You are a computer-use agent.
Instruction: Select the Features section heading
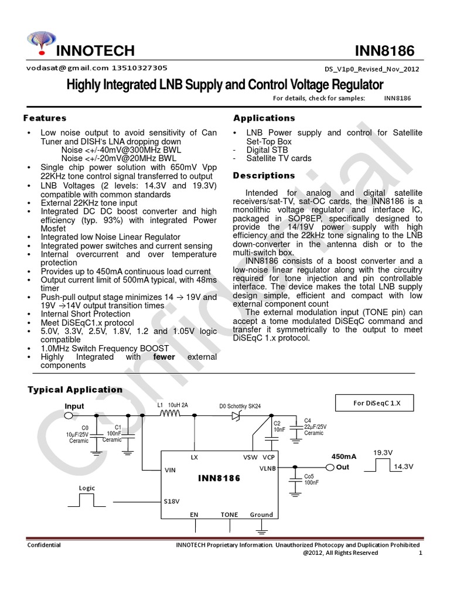(45, 118)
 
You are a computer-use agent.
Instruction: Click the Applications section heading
(264, 118)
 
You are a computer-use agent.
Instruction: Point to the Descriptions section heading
(264, 175)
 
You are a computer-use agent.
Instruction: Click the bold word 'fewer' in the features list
(164, 357)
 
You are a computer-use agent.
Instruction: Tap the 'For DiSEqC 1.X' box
(375, 403)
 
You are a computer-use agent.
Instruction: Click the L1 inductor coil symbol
(170, 415)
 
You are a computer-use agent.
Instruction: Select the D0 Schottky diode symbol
(237, 416)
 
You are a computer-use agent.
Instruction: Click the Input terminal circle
(69, 416)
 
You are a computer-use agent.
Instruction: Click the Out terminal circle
(330, 467)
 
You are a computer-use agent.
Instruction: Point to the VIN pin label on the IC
(171, 470)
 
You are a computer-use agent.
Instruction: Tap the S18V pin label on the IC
(172, 502)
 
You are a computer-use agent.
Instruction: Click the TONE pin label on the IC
(229, 515)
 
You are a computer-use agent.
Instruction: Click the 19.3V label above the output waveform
(383, 452)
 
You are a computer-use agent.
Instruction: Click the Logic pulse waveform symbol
(86, 500)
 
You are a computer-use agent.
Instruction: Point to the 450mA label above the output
(344, 456)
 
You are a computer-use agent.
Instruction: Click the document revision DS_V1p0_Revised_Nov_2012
(371, 69)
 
